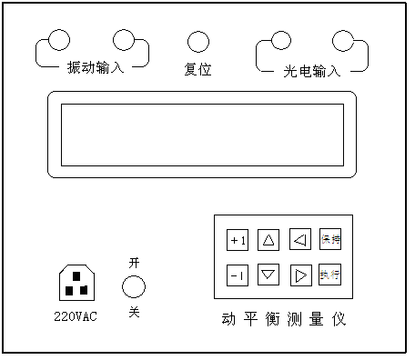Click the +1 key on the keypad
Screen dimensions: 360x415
pyautogui.click(x=238, y=240)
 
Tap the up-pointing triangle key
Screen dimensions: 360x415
pyautogui.click(x=268, y=240)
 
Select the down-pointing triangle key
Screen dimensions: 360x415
pyautogui.click(x=268, y=274)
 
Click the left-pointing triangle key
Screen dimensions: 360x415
pyautogui.click(x=299, y=240)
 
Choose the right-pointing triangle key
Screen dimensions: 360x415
pyautogui.click(x=299, y=274)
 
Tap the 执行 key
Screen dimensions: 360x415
pyautogui.click(x=329, y=274)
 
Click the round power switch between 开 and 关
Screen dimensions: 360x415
pyautogui.click(x=134, y=287)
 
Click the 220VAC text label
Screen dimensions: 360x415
pyautogui.click(x=76, y=316)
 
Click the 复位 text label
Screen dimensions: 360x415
pyautogui.click(x=197, y=69)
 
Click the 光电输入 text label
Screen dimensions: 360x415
pyautogui.click(x=311, y=70)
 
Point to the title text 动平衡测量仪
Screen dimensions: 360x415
pyautogui.click(x=284, y=319)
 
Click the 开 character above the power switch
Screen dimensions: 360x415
pyautogui.click(x=134, y=262)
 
